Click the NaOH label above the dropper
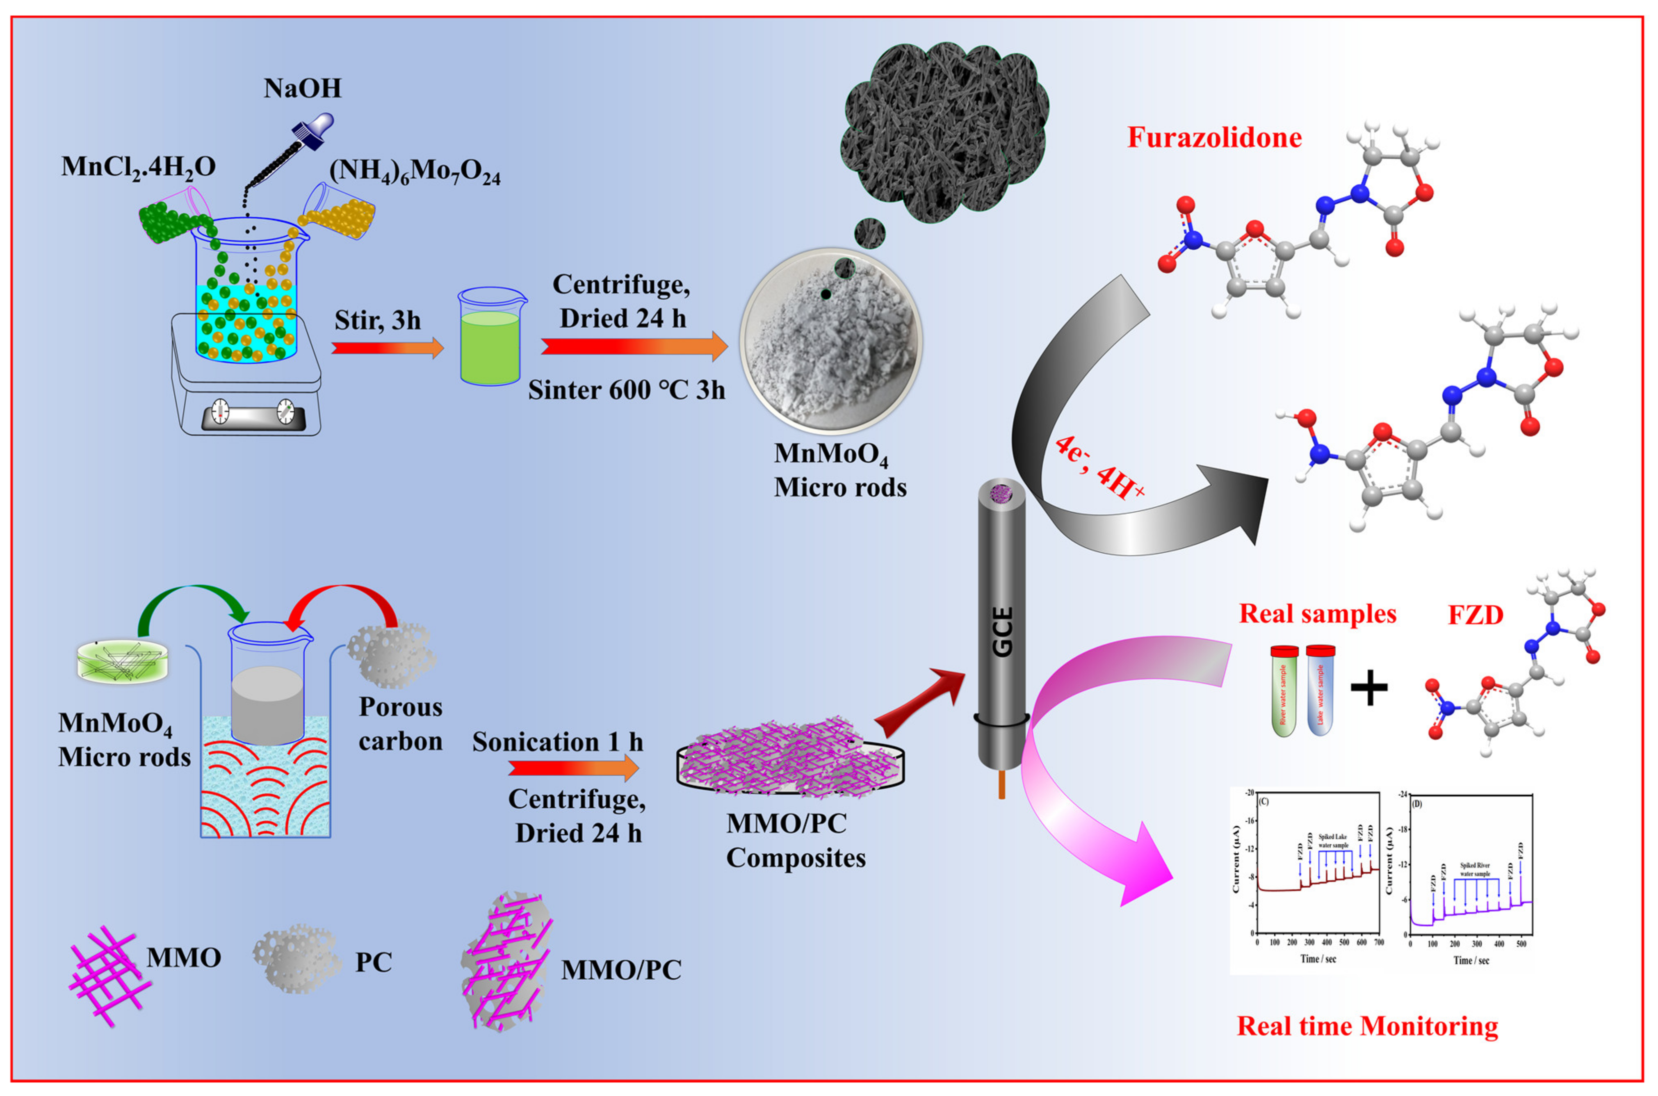point(303,89)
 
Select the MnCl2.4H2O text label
point(138,167)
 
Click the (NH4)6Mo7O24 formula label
point(415,172)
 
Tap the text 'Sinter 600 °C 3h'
point(626,390)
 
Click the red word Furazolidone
point(1214,138)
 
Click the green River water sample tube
point(1284,692)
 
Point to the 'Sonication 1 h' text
point(557,742)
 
